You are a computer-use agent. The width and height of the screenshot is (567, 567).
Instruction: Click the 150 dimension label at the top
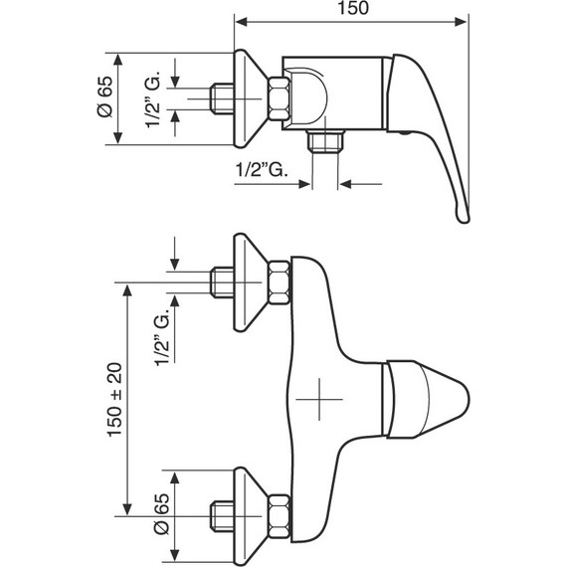pos(353,8)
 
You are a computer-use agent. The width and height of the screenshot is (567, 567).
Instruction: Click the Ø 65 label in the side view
pos(105,96)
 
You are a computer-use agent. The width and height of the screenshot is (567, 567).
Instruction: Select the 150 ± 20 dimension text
pos(115,400)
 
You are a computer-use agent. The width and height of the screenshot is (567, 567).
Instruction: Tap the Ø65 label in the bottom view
pos(161,513)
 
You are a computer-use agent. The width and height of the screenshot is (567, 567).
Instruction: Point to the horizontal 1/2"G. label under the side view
pos(263,169)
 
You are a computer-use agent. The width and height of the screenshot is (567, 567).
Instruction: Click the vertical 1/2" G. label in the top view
pos(153,99)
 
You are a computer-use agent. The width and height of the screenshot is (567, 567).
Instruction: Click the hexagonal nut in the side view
pos(279,98)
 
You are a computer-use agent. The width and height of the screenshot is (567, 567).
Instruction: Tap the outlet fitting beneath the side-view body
pos(325,141)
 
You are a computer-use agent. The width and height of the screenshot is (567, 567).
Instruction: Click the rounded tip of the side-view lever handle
pos(464,216)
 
